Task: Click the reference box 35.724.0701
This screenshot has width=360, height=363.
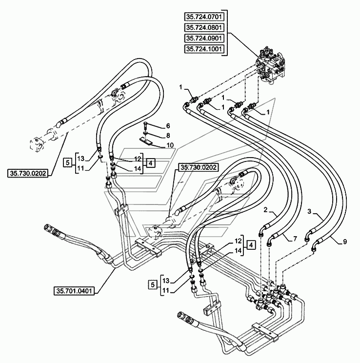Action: [204, 17]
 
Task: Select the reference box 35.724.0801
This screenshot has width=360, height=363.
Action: [204, 27]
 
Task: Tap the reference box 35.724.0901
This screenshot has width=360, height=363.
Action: [204, 38]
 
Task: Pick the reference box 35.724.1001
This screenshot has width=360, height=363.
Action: [204, 49]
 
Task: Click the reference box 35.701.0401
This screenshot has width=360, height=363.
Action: [74, 291]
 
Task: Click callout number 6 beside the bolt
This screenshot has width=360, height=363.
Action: [168, 126]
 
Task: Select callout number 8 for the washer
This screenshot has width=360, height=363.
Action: [168, 136]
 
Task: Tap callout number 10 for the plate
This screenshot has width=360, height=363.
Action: [170, 145]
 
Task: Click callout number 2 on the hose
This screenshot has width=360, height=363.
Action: [265, 210]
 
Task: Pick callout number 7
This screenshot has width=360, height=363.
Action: [295, 239]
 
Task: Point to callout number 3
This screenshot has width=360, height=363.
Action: [310, 211]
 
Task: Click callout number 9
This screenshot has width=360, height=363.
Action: [345, 242]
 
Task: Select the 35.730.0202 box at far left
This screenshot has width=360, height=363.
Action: [27, 173]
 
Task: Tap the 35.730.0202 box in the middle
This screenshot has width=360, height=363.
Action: [199, 167]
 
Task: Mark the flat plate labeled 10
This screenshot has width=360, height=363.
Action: [146, 141]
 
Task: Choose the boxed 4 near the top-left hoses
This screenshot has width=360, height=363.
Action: [151, 163]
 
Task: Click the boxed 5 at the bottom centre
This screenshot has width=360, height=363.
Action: [153, 284]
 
